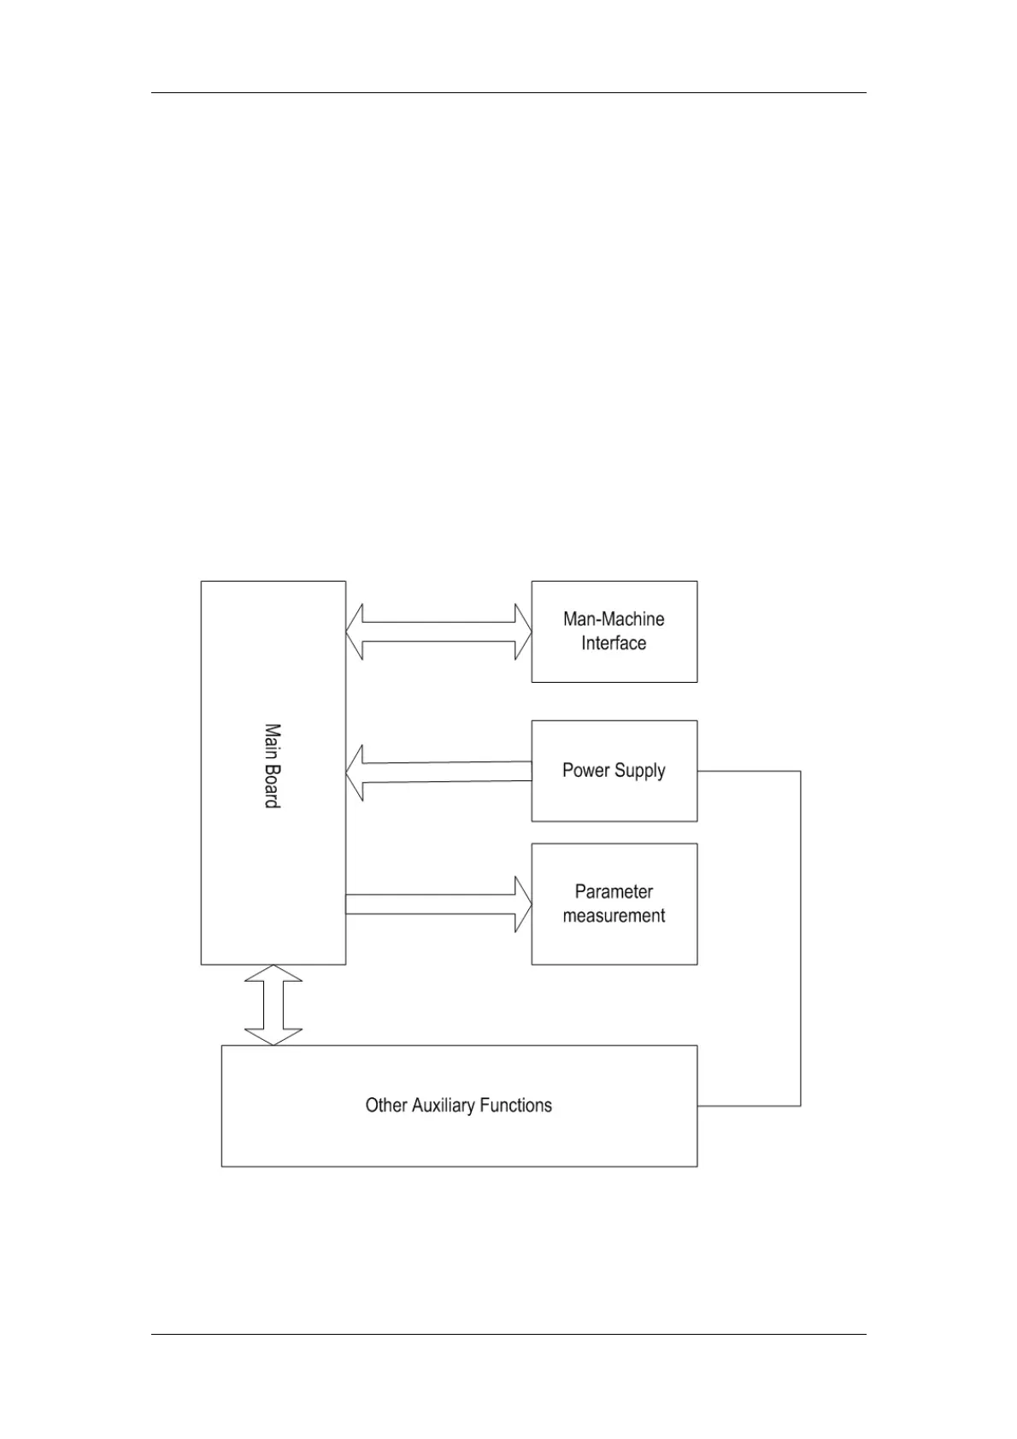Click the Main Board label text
[x=272, y=766]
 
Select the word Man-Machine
[x=614, y=619]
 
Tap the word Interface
[x=614, y=643]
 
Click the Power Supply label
[x=614, y=770]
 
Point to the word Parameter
[x=614, y=892]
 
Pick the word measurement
[x=614, y=916]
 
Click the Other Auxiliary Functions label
[x=459, y=1105]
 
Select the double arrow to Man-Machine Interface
[x=438, y=631]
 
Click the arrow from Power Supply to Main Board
[x=438, y=772]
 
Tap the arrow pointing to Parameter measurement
[x=438, y=904]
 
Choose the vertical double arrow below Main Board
[x=273, y=1005]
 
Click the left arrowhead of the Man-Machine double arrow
[x=355, y=631]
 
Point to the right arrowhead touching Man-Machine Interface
[x=522, y=631]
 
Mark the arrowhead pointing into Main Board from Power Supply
[x=355, y=772]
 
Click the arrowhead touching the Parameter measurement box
[x=522, y=904]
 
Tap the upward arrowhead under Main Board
[x=273, y=974]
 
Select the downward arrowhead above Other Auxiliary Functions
[x=273, y=1036]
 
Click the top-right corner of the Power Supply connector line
[x=801, y=771]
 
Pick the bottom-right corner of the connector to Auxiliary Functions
[x=801, y=1106]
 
